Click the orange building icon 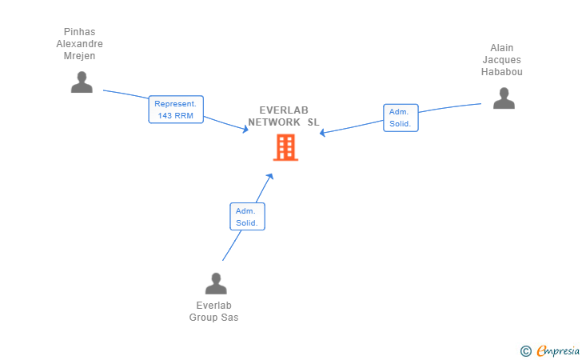(285, 147)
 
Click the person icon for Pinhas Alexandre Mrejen (82, 82)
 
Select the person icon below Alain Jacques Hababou (504, 98)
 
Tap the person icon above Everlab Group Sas (216, 283)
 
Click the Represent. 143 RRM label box (176, 110)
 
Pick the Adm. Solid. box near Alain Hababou (401, 118)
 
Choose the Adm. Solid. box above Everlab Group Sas (247, 216)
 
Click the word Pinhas (79, 32)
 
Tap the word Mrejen (79, 56)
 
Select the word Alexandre (79, 44)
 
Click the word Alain (501, 48)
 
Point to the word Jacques (501, 60)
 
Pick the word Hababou (501, 72)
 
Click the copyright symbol (525, 350)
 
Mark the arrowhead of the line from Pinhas (245, 130)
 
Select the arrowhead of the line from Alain (323, 133)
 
